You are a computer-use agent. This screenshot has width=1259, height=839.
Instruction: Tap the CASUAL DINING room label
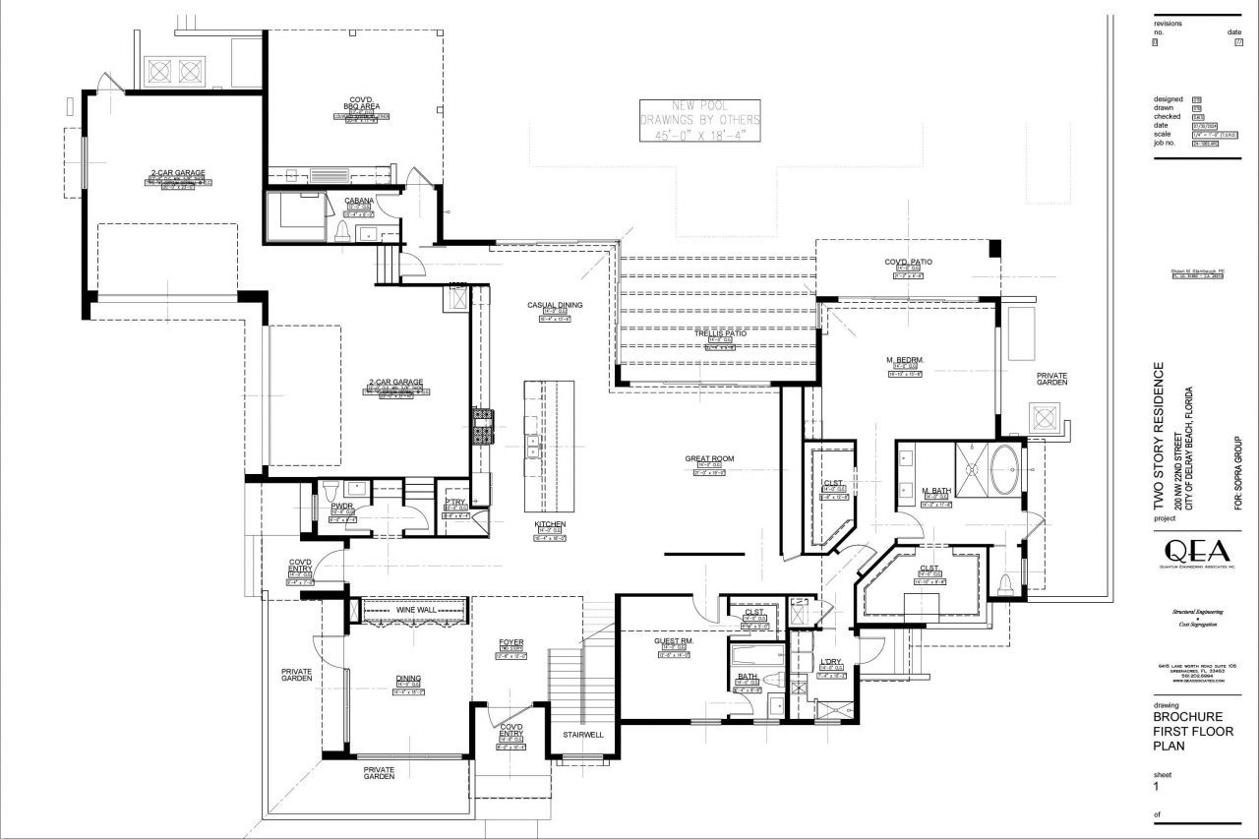(555, 305)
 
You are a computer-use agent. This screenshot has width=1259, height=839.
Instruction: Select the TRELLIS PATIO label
(720, 333)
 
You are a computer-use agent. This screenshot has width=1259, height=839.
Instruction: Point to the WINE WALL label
(415, 610)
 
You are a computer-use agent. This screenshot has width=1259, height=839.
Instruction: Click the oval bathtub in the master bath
(1004, 470)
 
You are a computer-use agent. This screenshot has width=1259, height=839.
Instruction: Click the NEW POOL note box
(700, 121)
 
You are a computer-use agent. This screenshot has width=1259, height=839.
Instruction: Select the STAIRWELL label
(582, 735)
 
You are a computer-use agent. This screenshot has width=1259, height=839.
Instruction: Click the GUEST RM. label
(674, 640)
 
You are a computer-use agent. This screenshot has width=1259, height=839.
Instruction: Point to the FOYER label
(510, 642)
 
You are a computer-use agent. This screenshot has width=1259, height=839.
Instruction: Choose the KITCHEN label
(550, 524)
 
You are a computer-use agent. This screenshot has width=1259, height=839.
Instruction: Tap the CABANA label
(358, 201)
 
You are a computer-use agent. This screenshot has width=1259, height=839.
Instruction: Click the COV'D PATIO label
(908, 262)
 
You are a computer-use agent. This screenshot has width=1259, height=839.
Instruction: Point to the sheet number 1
(1157, 786)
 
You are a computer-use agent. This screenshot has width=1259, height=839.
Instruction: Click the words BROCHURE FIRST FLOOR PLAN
(1192, 731)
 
